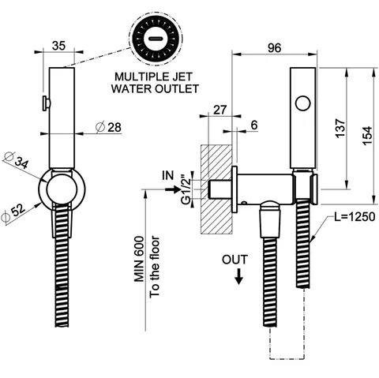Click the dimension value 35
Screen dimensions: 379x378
(x=58, y=46)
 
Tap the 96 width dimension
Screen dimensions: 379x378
(x=274, y=47)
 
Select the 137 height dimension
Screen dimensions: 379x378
(x=340, y=128)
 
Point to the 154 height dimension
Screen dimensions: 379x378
(x=367, y=135)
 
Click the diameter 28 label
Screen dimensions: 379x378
(x=108, y=127)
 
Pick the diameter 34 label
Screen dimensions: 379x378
(x=17, y=160)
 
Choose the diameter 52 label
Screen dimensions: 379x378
(x=13, y=213)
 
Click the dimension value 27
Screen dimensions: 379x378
(x=220, y=110)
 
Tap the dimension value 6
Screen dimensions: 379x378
(x=254, y=125)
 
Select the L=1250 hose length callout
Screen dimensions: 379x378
(x=355, y=217)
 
